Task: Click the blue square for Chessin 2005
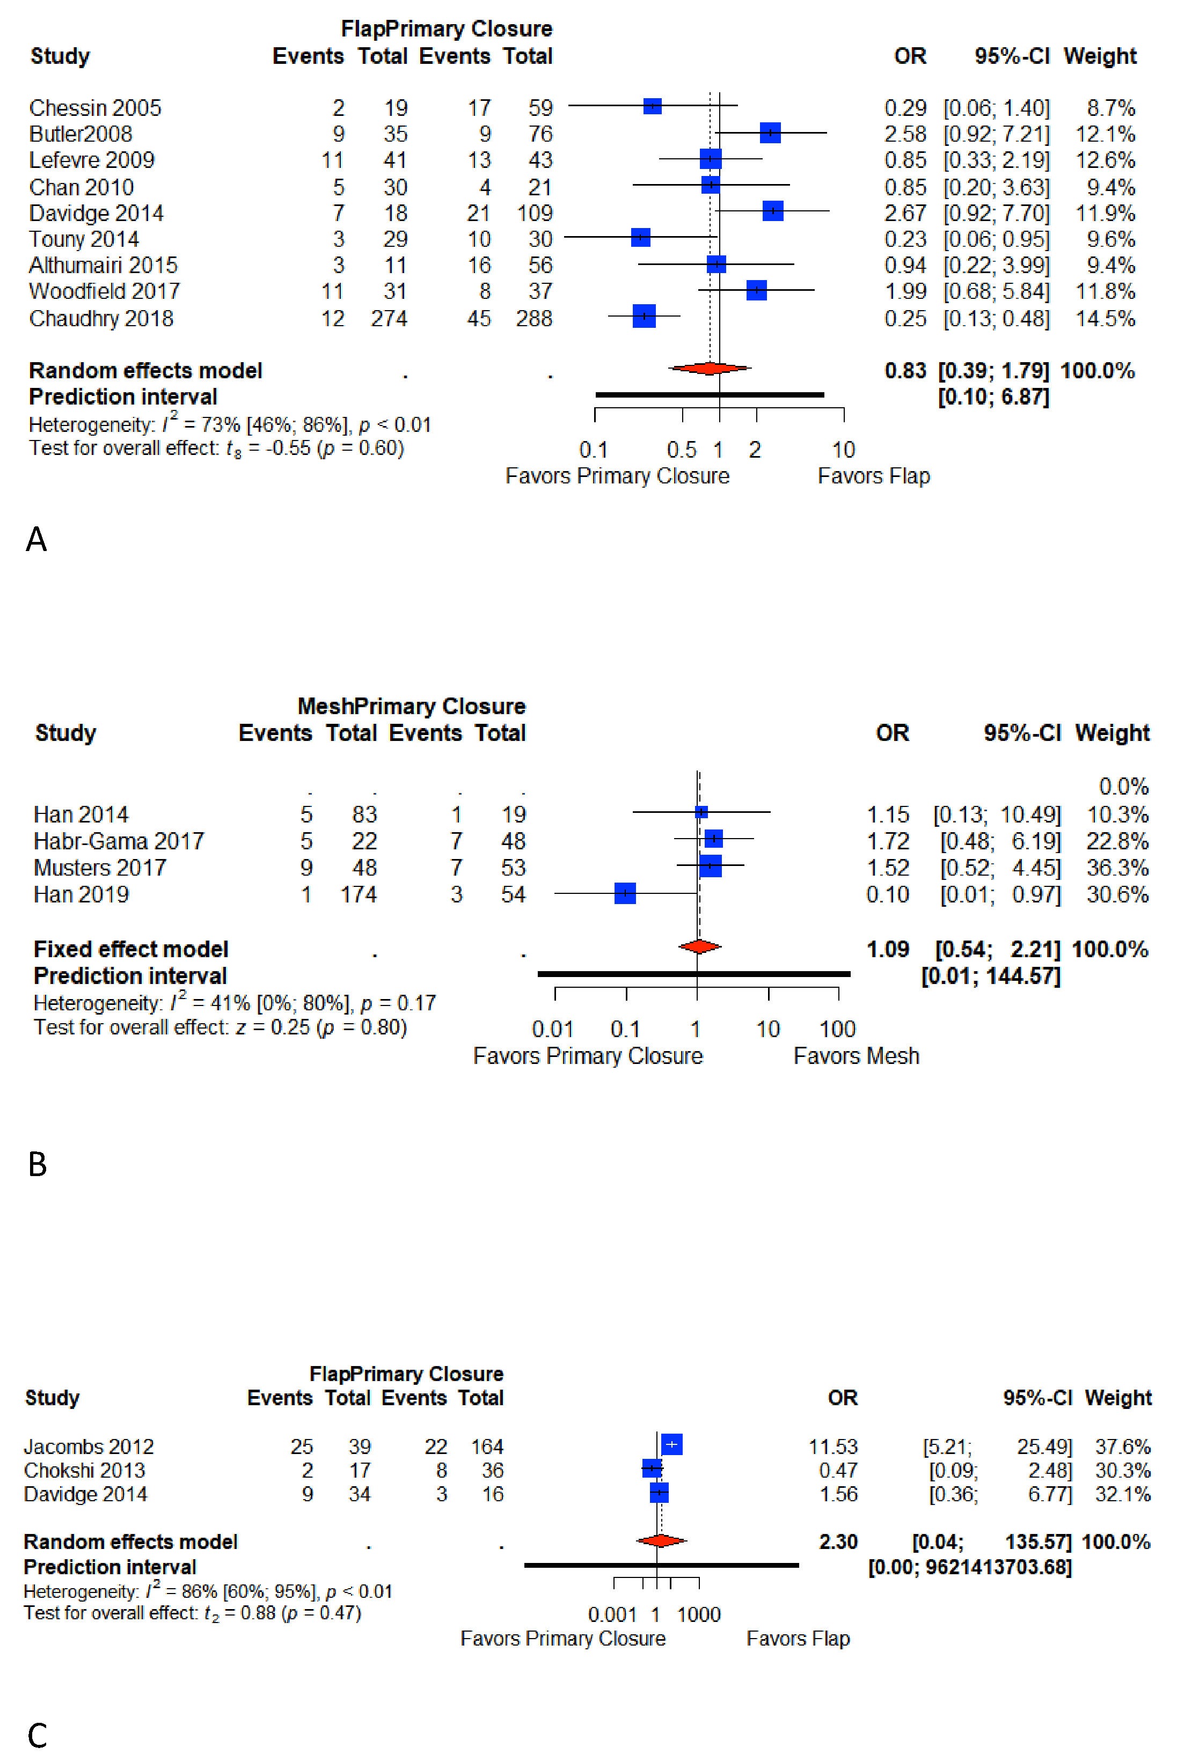(x=652, y=107)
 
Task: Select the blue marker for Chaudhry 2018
(x=644, y=316)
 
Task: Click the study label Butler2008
(x=81, y=134)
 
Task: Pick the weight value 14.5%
(x=1105, y=318)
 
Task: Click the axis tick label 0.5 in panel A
(x=682, y=450)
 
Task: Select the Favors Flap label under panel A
(x=873, y=476)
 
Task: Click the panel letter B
(x=37, y=1164)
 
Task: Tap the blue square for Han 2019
(x=625, y=893)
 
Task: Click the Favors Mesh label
(x=856, y=1056)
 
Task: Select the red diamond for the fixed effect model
(x=699, y=947)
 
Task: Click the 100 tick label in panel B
(x=837, y=1029)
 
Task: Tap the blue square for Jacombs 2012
(x=671, y=1444)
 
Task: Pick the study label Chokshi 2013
(x=84, y=1470)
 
